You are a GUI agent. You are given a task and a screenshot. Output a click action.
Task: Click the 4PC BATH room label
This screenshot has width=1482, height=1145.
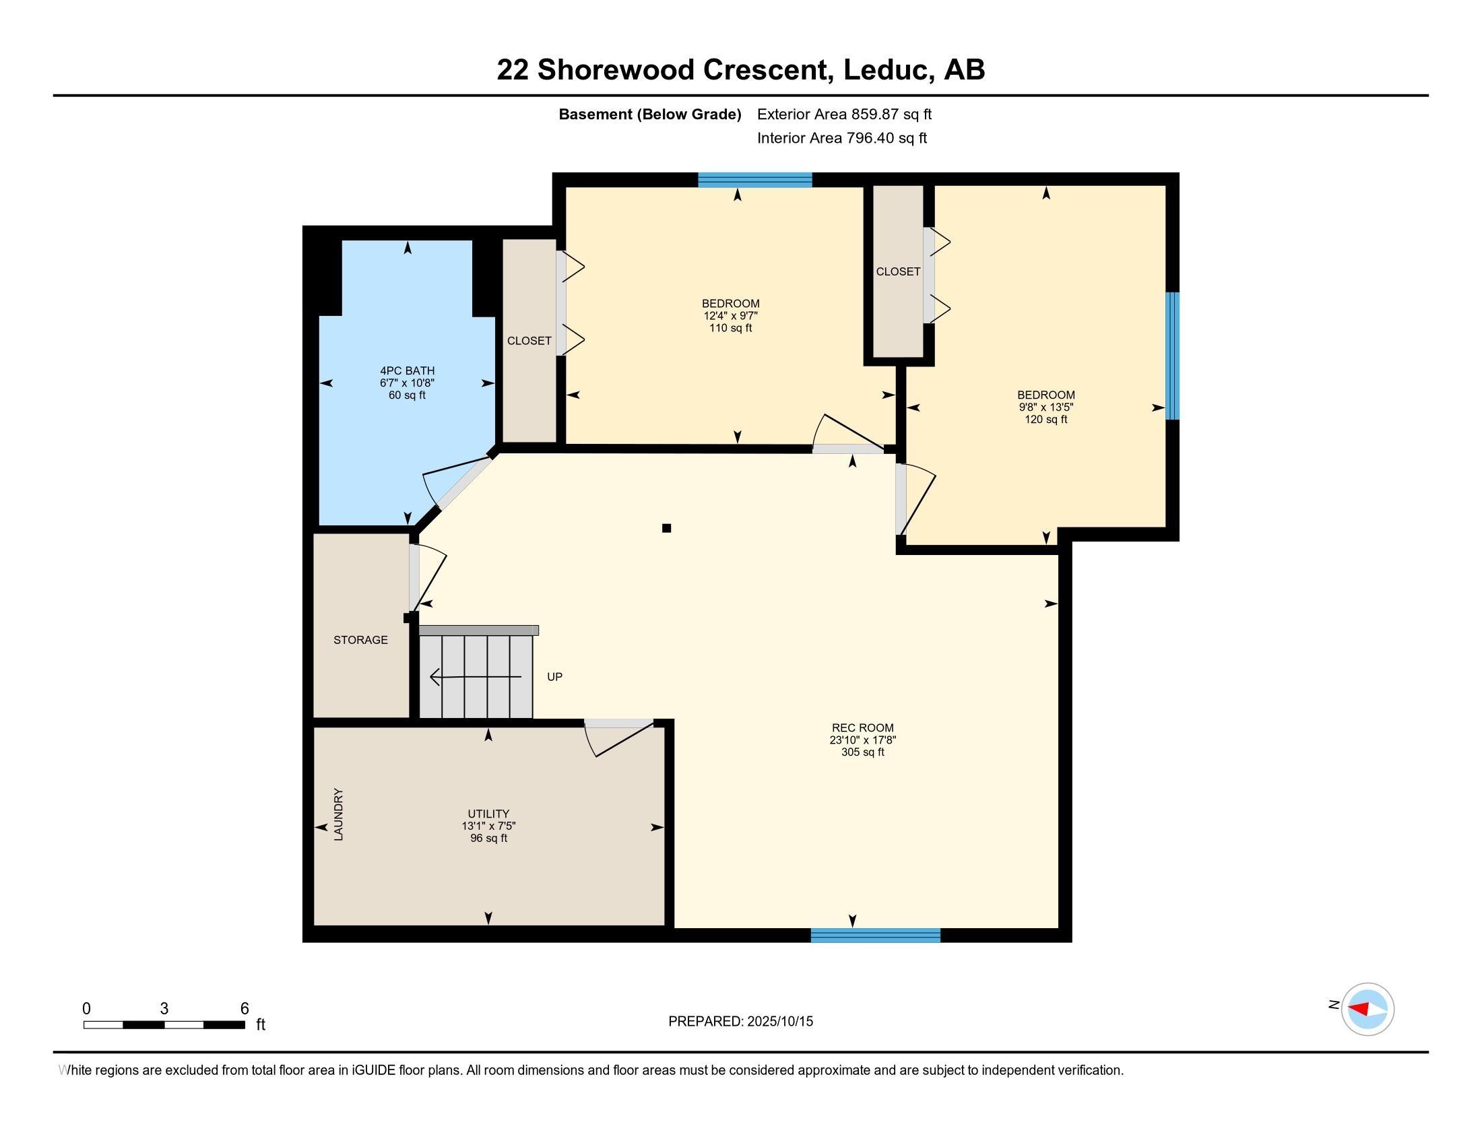pos(407,370)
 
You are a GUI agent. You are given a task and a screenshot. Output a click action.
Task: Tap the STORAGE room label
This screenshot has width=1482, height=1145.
pos(360,640)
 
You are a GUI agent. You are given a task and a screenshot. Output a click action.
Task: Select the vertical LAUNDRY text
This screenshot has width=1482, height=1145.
pos(339,814)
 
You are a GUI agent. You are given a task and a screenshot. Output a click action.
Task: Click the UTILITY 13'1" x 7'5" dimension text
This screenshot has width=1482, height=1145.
pos(488,826)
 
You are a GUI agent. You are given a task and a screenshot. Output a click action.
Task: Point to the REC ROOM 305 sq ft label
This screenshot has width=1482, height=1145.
pos(862,752)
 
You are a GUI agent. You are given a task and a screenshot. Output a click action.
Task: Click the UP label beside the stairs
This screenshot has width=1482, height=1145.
pos(554,677)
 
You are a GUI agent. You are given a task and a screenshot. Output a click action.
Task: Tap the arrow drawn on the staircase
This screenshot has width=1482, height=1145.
pos(475,676)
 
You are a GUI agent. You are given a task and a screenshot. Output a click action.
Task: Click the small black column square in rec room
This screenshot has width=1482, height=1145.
pos(666,528)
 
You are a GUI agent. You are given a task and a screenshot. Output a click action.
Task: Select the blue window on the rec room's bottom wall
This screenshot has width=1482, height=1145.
pos(875,936)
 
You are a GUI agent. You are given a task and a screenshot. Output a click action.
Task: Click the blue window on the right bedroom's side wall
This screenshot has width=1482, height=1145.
pos(1173,356)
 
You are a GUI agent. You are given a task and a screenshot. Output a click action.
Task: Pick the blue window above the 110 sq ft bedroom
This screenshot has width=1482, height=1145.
pos(754,180)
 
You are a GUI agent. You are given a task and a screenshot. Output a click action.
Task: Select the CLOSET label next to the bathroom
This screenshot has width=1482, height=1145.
pos(529,341)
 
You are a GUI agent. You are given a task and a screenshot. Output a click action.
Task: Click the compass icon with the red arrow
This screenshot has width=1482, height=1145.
pos(1367,1009)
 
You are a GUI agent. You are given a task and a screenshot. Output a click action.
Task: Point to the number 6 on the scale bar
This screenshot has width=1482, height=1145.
pos(245,1008)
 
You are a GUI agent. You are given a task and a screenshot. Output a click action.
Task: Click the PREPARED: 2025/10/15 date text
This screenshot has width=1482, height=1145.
pos(740,1021)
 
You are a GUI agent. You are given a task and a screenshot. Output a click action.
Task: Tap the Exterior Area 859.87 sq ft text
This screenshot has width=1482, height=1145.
pos(844,114)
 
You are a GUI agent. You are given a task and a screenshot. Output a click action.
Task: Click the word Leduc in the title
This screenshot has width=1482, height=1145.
pos(884,69)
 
